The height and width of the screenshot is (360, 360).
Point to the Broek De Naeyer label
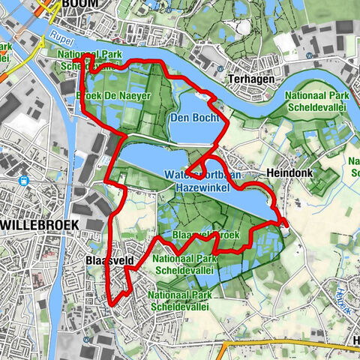click(x=114, y=96)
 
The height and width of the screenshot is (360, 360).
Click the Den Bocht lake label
click(x=194, y=118)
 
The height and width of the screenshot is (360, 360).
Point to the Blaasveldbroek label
click(x=205, y=235)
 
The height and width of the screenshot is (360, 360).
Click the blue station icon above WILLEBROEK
click(x=25, y=180)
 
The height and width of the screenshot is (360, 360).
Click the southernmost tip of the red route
click(x=112, y=303)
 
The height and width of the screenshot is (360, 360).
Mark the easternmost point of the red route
click(x=286, y=223)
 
